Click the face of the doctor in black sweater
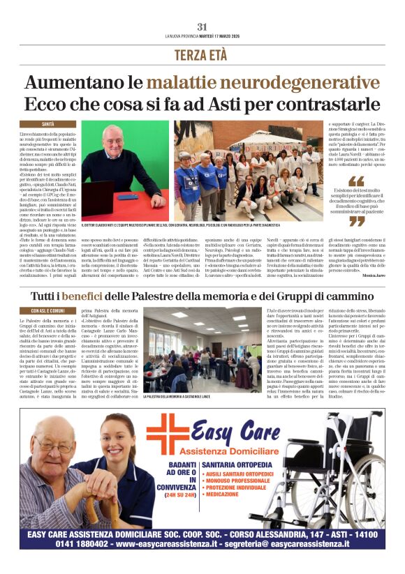click(x=112, y=138)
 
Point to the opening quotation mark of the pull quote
click(x=356, y=180)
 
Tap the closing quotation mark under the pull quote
click(x=357, y=220)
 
